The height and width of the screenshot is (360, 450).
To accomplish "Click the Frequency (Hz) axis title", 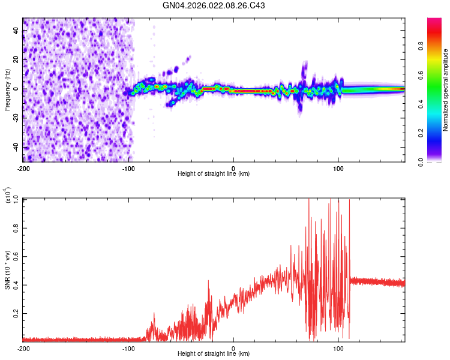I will (x=7, y=89).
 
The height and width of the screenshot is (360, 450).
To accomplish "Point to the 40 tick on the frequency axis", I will (x=17, y=31).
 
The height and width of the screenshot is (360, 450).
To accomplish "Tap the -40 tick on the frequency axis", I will (x=15, y=146).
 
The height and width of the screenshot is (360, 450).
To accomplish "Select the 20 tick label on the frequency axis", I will (x=17, y=60).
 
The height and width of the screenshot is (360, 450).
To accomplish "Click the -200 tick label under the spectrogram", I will (x=23, y=168).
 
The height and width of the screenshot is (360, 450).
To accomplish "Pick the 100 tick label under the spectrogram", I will (x=338, y=168).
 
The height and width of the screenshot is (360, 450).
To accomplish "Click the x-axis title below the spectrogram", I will (x=214, y=174).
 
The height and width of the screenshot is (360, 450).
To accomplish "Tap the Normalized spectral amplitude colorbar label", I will (x=445, y=90).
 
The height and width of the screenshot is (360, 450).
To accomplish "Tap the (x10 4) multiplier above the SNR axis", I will (x=9, y=194).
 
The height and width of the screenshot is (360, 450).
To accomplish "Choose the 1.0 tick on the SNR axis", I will (x=17, y=199).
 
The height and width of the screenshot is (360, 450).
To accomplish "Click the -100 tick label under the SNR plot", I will (x=128, y=349).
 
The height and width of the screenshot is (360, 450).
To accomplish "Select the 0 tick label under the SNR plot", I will (x=233, y=349).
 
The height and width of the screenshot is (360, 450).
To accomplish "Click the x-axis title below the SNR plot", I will (x=214, y=355).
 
